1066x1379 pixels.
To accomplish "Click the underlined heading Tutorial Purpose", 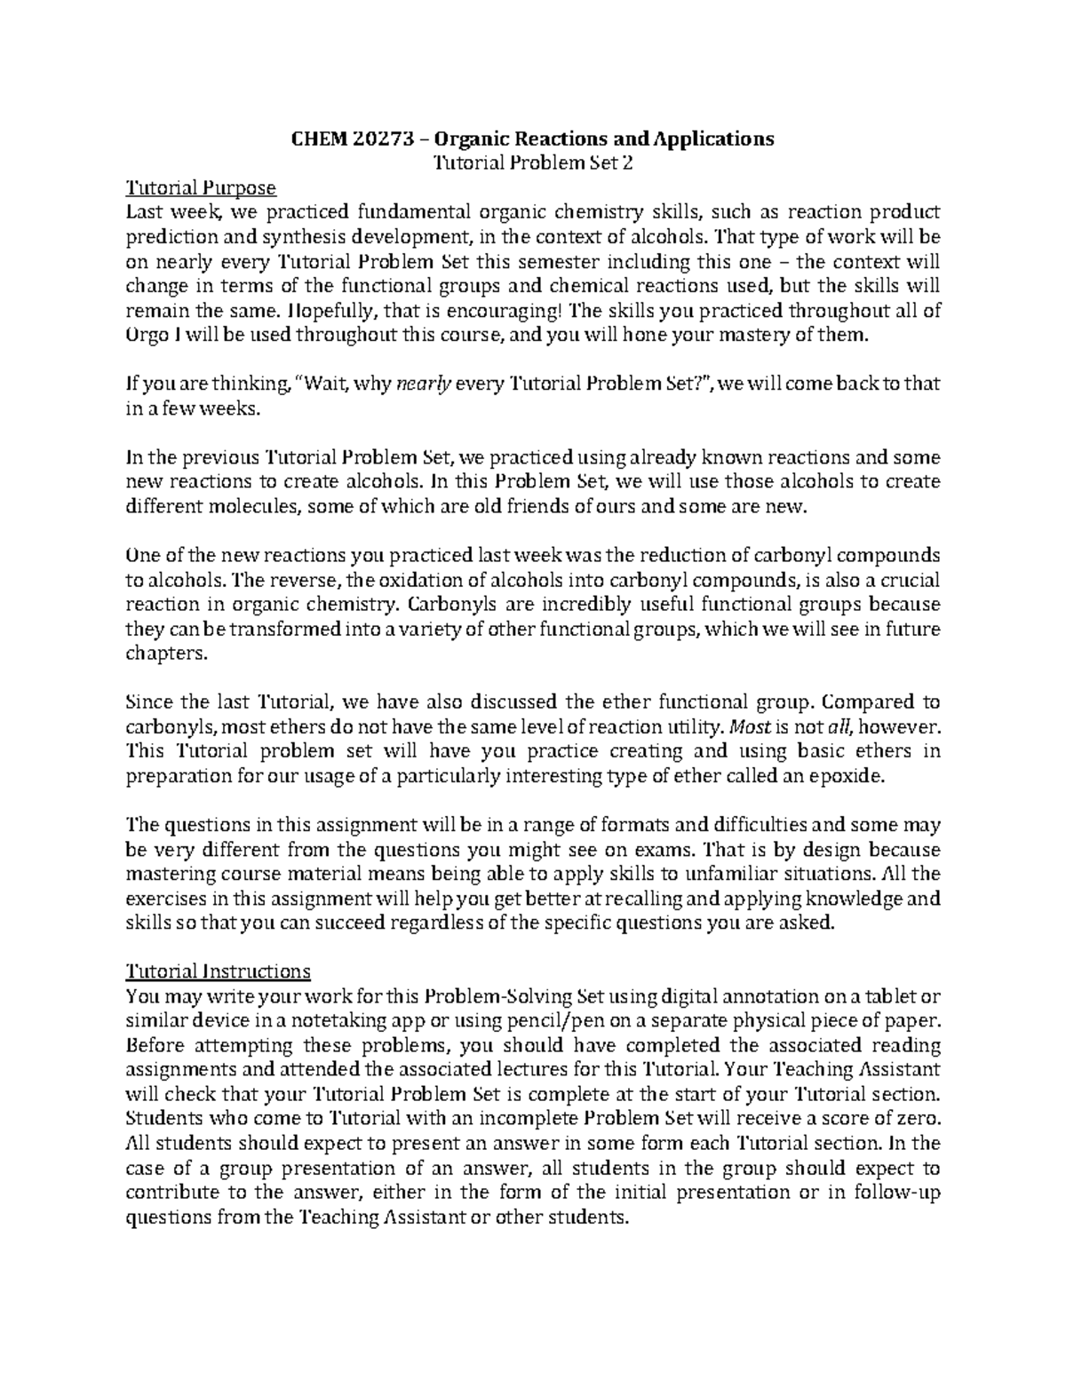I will click(202, 187).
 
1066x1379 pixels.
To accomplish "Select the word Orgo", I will click(147, 336).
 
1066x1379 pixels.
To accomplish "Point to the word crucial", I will click(905, 580).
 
